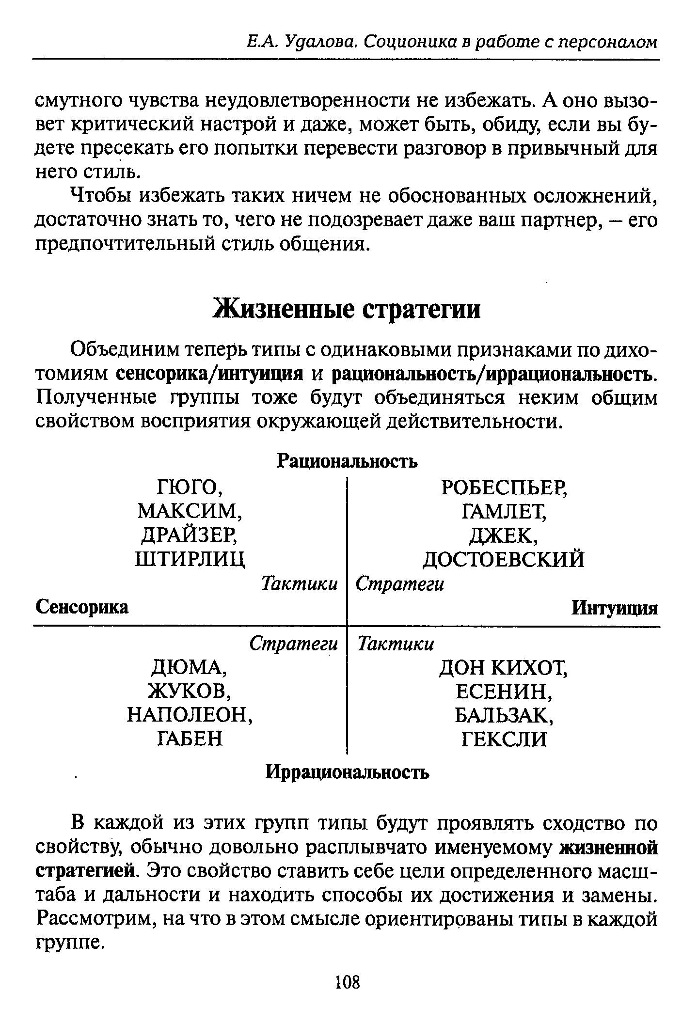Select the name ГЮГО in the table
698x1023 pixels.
click(x=190, y=487)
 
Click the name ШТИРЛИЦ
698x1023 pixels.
click(x=190, y=559)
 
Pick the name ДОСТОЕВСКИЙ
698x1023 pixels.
click(x=504, y=559)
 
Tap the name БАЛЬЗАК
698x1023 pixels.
click(x=504, y=715)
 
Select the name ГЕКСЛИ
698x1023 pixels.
click(x=504, y=740)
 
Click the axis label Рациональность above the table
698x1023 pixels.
click(x=347, y=461)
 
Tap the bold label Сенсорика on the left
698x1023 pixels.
click(x=82, y=607)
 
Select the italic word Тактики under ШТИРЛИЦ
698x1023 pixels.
click(x=300, y=583)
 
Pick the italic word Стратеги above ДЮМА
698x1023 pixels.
click(x=293, y=644)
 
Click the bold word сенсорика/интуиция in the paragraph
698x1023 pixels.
click(x=210, y=374)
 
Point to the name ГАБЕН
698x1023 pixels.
click(x=190, y=739)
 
